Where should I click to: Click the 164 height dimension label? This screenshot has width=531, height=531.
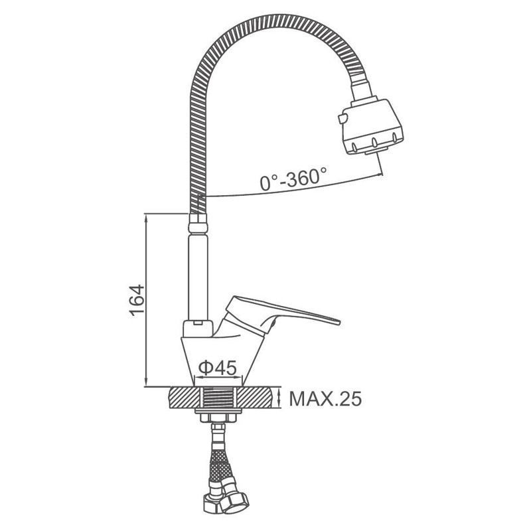(x=137, y=301)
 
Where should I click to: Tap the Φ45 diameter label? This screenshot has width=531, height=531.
(x=218, y=368)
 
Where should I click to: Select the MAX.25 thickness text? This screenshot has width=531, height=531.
(x=325, y=399)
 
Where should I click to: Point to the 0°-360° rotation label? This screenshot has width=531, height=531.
(x=293, y=179)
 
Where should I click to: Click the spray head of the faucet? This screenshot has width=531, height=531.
(x=372, y=126)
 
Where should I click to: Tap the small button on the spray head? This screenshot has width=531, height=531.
(x=342, y=119)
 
